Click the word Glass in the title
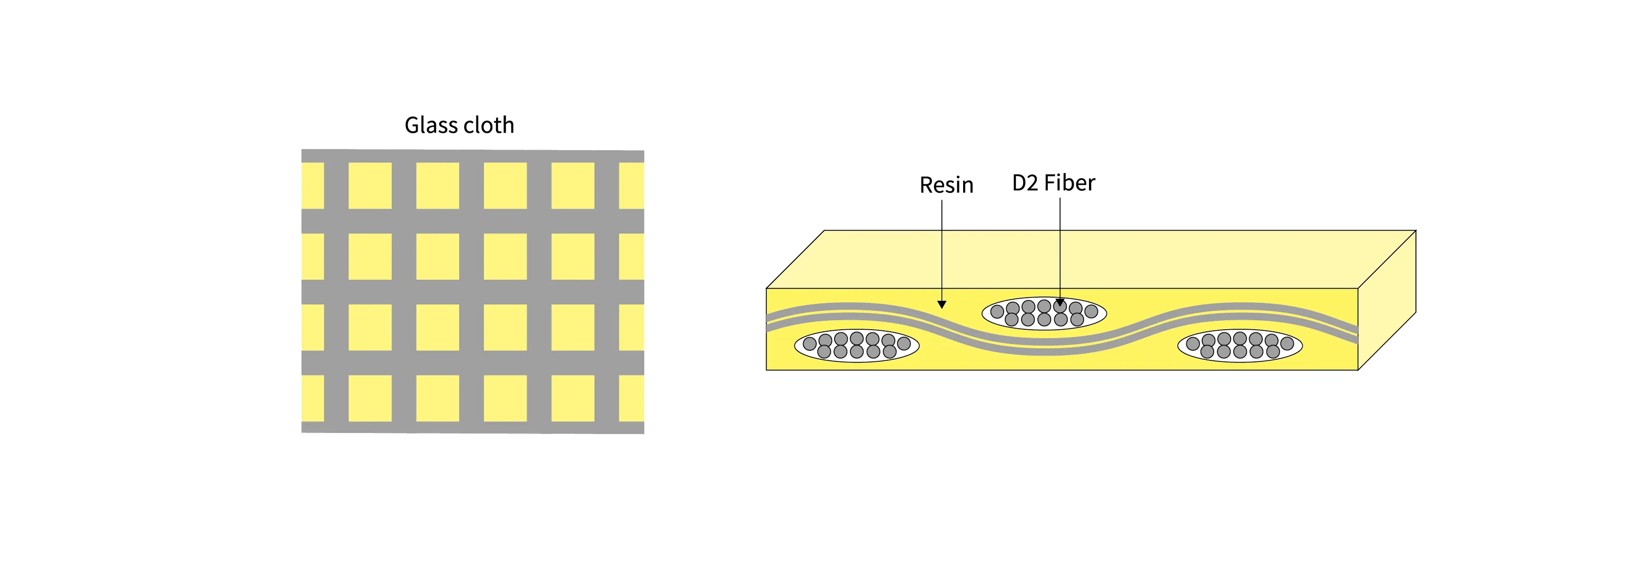pos(431,125)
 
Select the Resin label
pos(946,185)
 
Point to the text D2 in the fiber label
pos(1025,183)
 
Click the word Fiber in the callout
pos(1069,183)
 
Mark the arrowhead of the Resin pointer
pos(942,304)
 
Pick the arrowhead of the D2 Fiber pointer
pos(1060,302)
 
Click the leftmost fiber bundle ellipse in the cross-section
pos(856,346)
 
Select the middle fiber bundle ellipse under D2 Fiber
pos(1044,313)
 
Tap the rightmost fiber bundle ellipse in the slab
pos(1240,346)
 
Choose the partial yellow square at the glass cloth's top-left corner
pos(312,185)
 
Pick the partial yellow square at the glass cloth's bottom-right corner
pos(631,398)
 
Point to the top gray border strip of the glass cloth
pos(472,156)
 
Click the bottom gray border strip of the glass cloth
pos(472,427)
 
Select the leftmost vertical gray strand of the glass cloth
pos(336,292)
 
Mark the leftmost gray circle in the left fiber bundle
pos(810,343)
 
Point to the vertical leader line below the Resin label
pos(942,249)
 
